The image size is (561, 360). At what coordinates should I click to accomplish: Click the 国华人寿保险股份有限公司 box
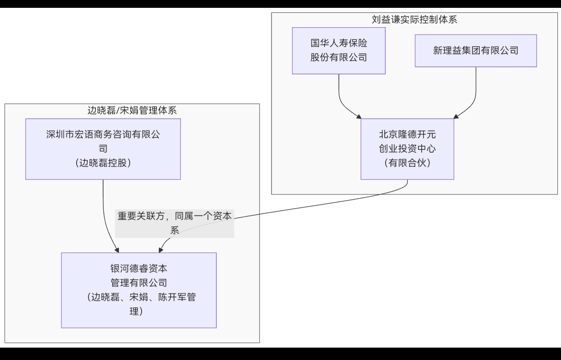click(339, 50)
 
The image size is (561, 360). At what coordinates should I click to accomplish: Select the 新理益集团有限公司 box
click(476, 50)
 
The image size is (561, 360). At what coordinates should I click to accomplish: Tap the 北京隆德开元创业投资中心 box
click(407, 148)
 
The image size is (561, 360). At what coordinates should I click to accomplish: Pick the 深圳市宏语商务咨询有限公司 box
click(103, 148)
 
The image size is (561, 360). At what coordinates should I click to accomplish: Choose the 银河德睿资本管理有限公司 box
click(139, 290)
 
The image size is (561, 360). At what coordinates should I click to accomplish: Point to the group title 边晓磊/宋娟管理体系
click(132, 111)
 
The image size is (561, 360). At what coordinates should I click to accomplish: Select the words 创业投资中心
click(407, 148)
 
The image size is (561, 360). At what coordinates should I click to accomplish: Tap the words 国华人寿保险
click(339, 43)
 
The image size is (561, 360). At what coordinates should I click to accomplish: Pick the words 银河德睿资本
click(139, 269)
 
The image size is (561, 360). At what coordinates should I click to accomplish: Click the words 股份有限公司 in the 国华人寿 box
click(339, 57)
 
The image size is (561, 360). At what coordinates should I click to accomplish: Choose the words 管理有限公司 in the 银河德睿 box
click(139, 283)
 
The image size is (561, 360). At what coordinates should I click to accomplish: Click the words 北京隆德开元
click(407, 135)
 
